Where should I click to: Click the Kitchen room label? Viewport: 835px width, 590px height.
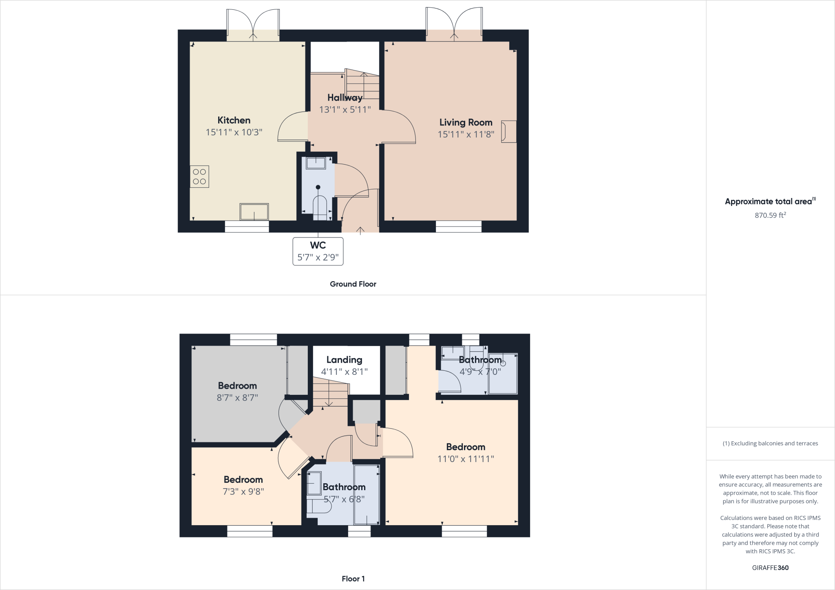pyautogui.click(x=234, y=120)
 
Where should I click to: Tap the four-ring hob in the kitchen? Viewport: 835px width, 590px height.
pyautogui.click(x=199, y=176)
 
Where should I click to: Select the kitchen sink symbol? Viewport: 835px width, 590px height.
pyautogui.click(x=254, y=212)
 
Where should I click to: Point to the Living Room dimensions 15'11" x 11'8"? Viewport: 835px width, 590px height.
pyautogui.click(x=466, y=134)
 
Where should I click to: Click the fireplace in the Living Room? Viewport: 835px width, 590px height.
pyautogui.click(x=508, y=131)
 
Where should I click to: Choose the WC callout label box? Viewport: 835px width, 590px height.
pyautogui.click(x=318, y=251)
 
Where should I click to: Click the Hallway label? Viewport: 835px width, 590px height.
pyautogui.click(x=345, y=98)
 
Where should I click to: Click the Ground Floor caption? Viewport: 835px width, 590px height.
pyautogui.click(x=353, y=284)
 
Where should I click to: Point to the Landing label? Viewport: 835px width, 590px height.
pyautogui.click(x=344, y=360)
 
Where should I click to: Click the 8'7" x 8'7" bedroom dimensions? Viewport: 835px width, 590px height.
pyautogui.click(x=237, y=397)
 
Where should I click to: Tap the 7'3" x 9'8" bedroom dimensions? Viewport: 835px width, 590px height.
pyautogui.click(x=243, y=491)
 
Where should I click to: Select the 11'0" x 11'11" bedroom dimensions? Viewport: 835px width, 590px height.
pyautogui.click(x=466, y=459)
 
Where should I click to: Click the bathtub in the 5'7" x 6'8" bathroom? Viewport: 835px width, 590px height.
pyautogui.click(x=367, y=494)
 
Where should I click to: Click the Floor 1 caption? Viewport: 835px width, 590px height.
pyautogui.click(x=353, y=579)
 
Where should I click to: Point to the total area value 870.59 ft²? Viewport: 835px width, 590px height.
pyautogui.click(x=770, y=215)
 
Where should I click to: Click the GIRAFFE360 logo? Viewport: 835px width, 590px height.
pyautogui.click(x=770, y=568)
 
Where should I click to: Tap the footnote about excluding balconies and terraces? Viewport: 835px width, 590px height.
pyautogui.click(x=770, y=443)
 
